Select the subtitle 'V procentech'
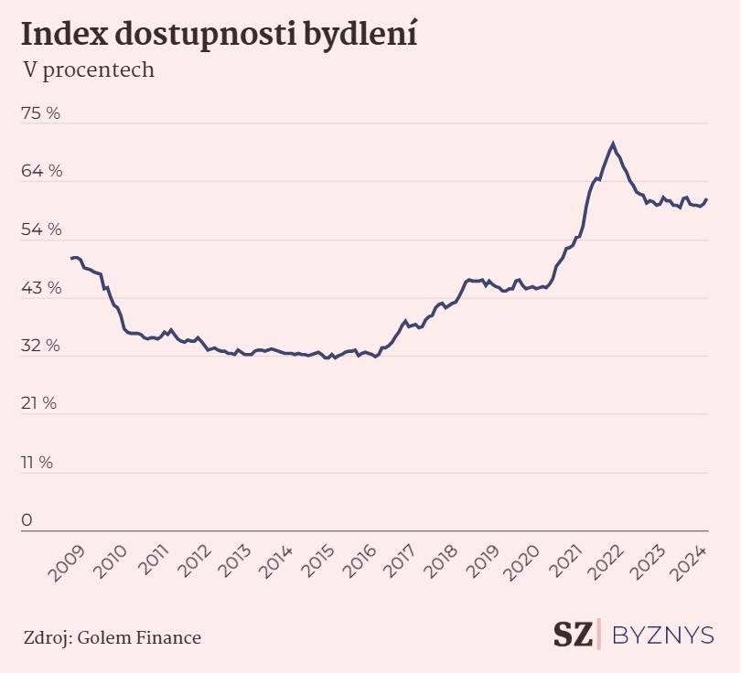pyautogui.click(x=88, y=69)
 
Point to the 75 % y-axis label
pyautogui.click(x=41, y=113)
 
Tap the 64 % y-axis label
pyautogui.click(x=41, y=171)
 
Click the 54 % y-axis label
pyautogui.click(x=41, y=230)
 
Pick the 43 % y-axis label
pyautogui.click(x=41, y=288)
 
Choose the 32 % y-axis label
pyautogui.click(x=41, y=346)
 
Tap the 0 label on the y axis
pyautogui.click(x=27, y=519)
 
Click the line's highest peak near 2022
pyautogui.click(x=613, y=143)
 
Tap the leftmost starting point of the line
pyautogui.click(x=71, y=259)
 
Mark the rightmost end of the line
pyautogui.click(x=707, y=199)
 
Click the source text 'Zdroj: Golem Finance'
pyautogui.click(x=113, y=636)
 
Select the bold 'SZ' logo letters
pyautogui.click(x=573, y=635)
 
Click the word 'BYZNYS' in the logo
pyautogui.click(x=661, y=635)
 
